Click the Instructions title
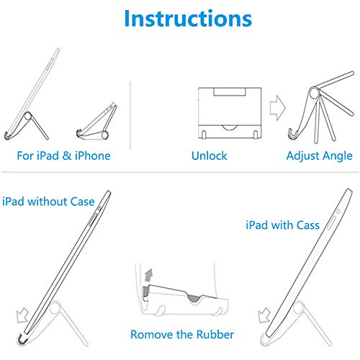click(188, 19)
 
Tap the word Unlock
click(209, 156)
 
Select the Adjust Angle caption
click(320, 156)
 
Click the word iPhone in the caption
click(93, 156)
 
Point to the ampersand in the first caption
click(67, 156)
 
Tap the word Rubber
click(215, 334)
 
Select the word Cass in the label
click(308, 225)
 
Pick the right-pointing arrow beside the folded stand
click(278, 108)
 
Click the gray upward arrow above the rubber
click(149, 275)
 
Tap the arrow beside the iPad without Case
click(22, 315)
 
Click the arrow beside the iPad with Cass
click(264, 315)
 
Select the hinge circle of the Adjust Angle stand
click(314, 93)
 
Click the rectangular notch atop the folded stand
click(230, 91)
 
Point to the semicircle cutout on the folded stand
click(230, 127)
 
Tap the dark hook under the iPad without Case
click(22, 338)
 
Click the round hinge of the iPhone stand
click(104, 135)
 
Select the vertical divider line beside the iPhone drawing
click(130, 115)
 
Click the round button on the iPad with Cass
click(338, 212)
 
